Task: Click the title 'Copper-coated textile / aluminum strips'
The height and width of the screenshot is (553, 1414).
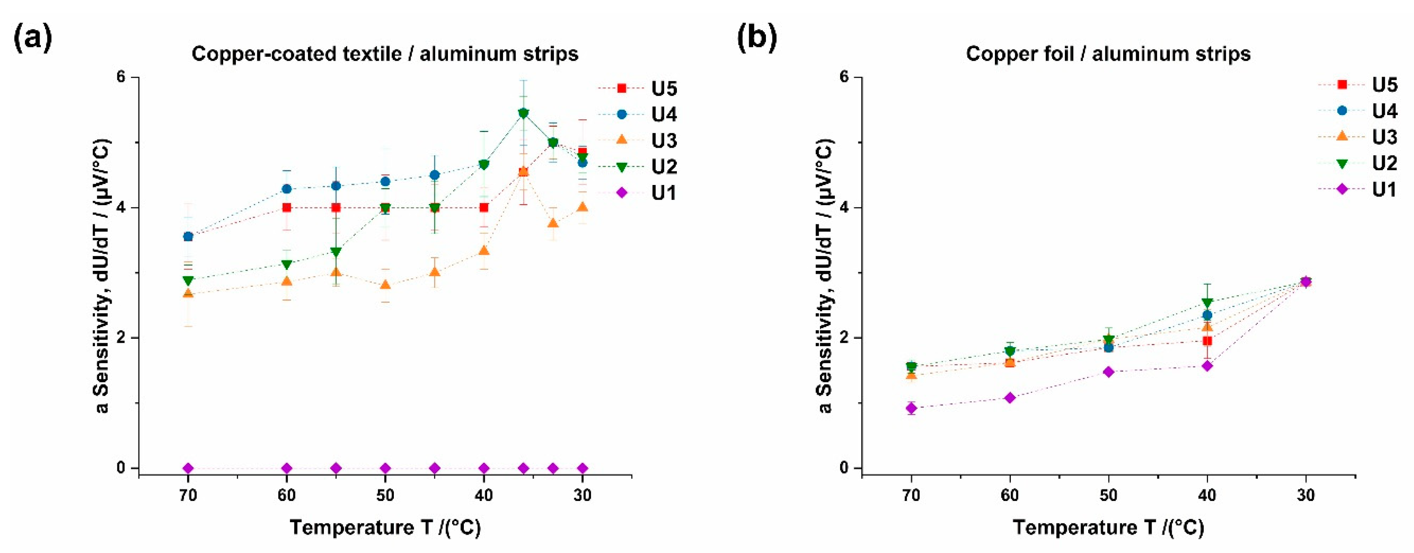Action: coord(385,54)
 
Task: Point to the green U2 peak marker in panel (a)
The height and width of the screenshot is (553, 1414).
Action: coord(523,113)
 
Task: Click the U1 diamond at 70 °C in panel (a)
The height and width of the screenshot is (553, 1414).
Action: coord(188,468)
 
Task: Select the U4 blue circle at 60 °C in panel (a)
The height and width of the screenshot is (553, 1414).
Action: coord(287,189)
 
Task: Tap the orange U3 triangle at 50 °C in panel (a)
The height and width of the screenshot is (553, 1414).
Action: coord(385,285)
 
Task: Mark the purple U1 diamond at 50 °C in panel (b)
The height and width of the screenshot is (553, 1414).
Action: coord(1109,372)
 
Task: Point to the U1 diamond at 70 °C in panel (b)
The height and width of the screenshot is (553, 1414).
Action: coord(912,408)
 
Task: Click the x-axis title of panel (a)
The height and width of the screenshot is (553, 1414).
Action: coord(385,527)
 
